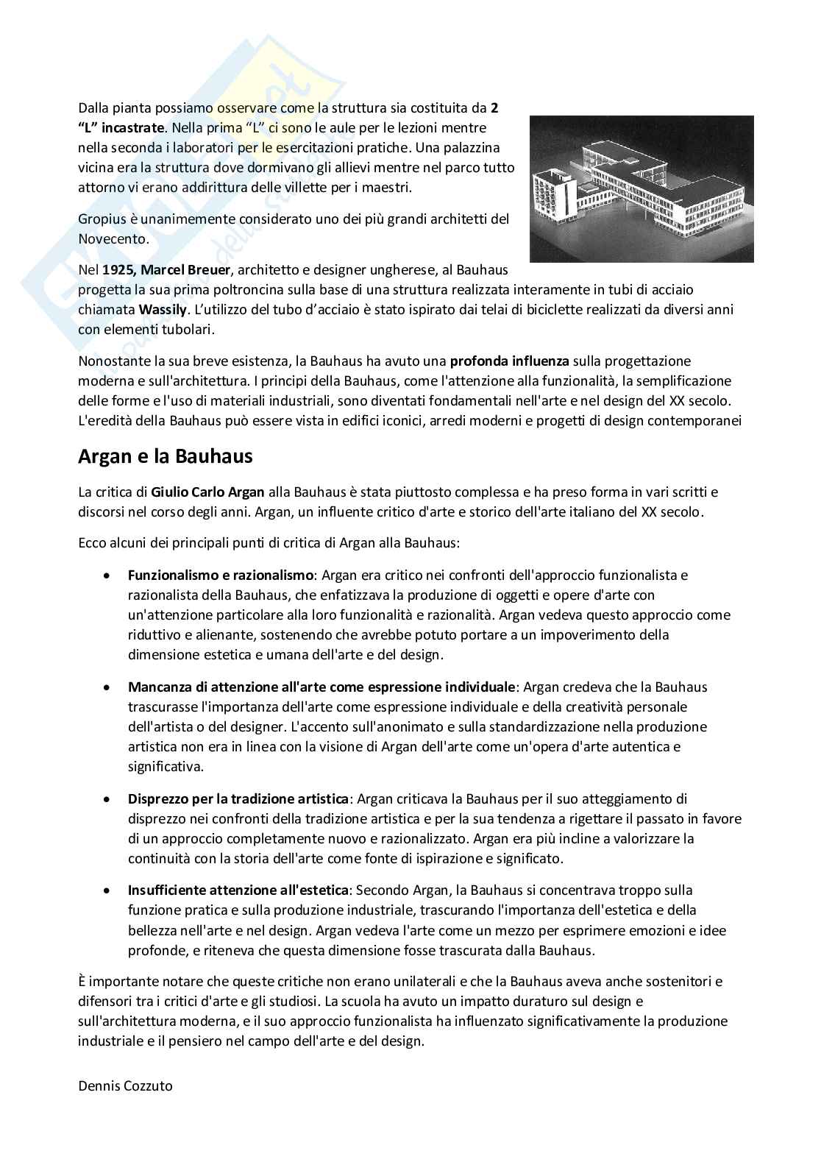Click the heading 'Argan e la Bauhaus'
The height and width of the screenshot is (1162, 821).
(165, 456)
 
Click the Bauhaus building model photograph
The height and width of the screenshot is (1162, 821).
(641, 189)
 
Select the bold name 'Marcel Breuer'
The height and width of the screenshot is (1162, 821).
(184, 270)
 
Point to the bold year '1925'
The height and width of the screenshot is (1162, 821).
(118, 270)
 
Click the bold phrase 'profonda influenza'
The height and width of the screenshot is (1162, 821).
(509, 361)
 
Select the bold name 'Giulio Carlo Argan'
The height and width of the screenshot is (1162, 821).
(207, 492)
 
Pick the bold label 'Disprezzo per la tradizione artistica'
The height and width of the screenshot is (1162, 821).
(238, 798)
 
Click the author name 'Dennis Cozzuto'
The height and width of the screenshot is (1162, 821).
(125, 1085)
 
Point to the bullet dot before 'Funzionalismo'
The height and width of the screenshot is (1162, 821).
(108, 575)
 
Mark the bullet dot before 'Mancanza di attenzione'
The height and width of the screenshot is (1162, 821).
(108, 688)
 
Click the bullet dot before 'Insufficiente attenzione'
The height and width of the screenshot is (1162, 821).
(108, 891)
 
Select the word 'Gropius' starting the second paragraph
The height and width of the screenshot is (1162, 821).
(101, 219)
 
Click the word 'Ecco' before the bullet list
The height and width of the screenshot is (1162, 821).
(91, 544)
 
